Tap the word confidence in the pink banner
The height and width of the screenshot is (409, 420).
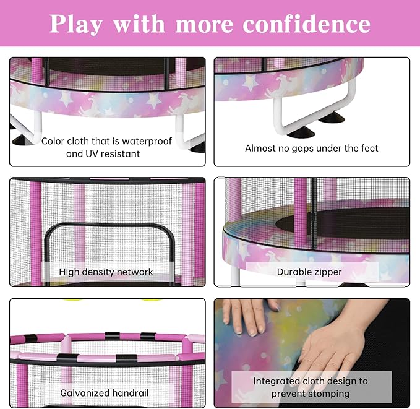307,24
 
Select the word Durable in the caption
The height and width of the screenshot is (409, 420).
294,272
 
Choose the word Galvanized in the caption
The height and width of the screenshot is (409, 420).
85,392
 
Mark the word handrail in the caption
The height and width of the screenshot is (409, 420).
130,392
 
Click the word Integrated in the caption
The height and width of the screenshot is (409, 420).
275,381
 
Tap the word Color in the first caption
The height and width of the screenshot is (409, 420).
53,141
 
